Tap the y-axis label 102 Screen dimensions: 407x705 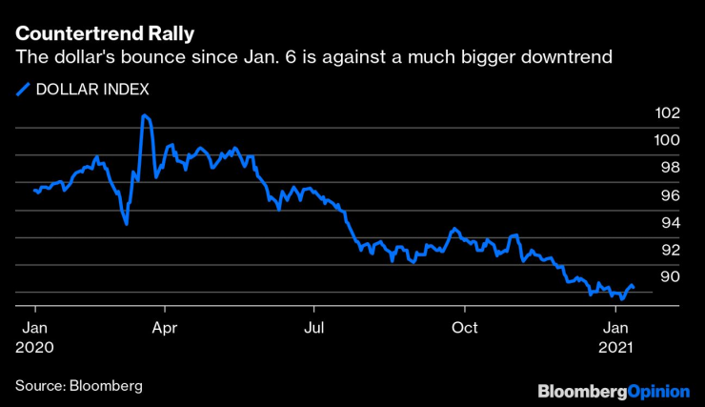(x=668, y=112)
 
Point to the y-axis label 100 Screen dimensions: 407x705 (x=668, y=140)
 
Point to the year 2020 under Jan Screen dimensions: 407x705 (x=34, y=348)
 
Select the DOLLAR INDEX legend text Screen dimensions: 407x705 (x=91, y=90)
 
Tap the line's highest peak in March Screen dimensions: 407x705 (x=144, y=115)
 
